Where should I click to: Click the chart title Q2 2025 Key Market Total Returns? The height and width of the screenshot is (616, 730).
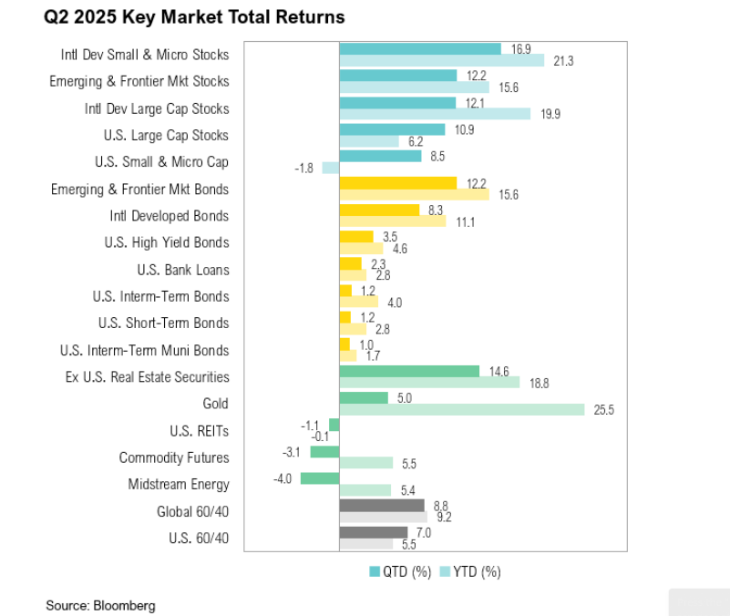(x=194, y=17)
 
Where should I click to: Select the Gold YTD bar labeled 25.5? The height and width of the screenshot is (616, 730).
(x=461, y=410)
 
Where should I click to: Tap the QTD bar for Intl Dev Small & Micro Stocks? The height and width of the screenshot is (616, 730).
(x=419, y=48)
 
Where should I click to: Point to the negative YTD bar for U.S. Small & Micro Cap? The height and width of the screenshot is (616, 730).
(x=331, y=168)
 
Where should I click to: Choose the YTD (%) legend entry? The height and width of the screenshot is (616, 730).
(x=470, y=571)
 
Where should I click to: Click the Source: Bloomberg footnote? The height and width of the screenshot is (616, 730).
(x=100, y=605)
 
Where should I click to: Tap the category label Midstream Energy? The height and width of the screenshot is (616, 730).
(x=179, y=485)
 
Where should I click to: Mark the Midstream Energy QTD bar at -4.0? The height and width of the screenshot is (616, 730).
(x=320, y=478)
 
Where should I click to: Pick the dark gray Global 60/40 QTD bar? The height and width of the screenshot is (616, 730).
(x=381, y=505)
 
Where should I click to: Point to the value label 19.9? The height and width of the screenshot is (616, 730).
(x=550, y=115)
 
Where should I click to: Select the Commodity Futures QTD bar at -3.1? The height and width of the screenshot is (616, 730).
(x=324, y=451)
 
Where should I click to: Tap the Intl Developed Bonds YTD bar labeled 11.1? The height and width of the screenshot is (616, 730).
(x=392, y=221)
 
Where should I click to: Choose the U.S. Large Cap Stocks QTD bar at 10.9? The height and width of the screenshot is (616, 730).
(x=392, y=129)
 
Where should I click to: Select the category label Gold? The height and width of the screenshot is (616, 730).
(x=216, y=404)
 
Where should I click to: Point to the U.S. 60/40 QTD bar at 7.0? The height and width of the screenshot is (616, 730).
(x=373, y=532)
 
